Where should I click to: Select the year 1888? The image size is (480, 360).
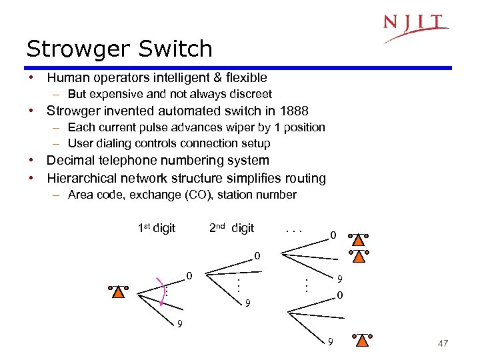293,111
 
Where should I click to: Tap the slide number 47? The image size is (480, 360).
443,343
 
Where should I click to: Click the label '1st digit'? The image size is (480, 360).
156,228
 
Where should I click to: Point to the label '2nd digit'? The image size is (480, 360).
231,228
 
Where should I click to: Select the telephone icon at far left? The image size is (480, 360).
118,291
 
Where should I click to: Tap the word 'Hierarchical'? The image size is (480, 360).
84,178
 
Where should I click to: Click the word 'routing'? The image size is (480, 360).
305,178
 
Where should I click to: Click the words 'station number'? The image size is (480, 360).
265,195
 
